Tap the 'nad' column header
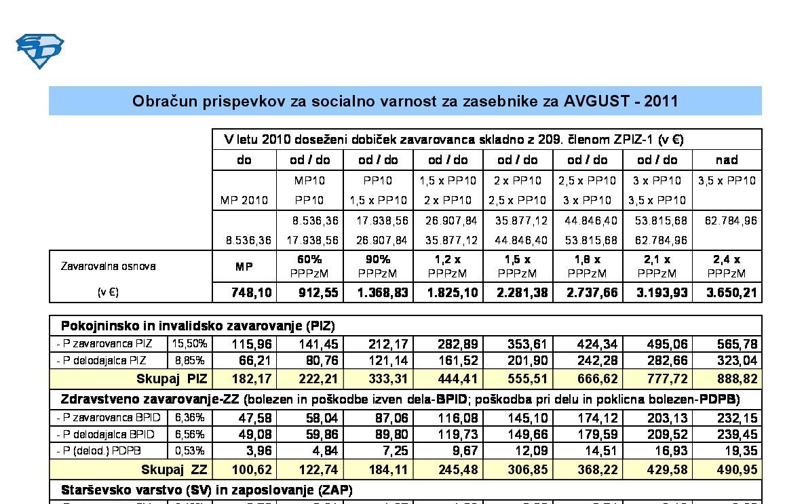727,160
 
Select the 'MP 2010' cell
244,200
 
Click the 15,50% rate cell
189,344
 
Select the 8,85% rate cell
189,360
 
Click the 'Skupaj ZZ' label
174,469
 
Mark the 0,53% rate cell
189,451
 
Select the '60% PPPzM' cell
309,266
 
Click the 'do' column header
244,160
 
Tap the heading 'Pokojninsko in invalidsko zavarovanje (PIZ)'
197,326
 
